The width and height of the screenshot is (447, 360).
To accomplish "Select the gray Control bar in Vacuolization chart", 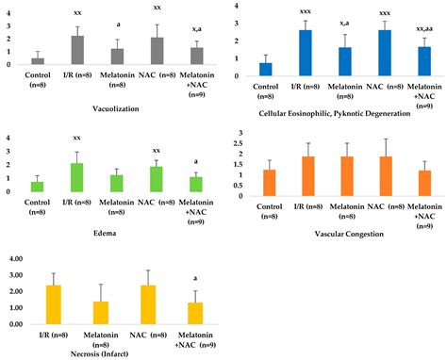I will pyautogui.click(x=38, y=61).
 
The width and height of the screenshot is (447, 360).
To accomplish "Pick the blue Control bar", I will pyautogui.click(x=265, y=70).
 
